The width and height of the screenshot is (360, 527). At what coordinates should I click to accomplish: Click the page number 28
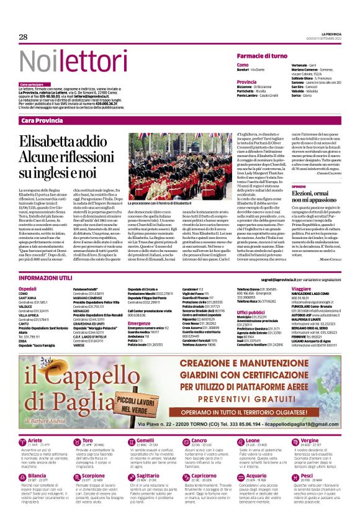pyautogui.click(x=23, y=37)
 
